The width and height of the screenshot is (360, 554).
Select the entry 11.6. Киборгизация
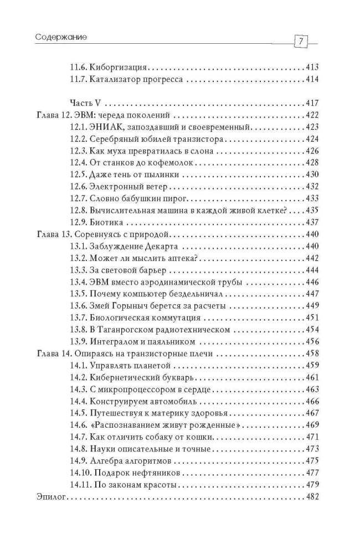tap(108, 68)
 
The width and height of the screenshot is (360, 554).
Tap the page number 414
tap(312, 80)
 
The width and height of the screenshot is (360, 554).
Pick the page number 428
tap(312, 163)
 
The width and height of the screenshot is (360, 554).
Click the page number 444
tap(312, 270)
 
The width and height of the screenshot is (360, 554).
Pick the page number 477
tap(312, 473)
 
